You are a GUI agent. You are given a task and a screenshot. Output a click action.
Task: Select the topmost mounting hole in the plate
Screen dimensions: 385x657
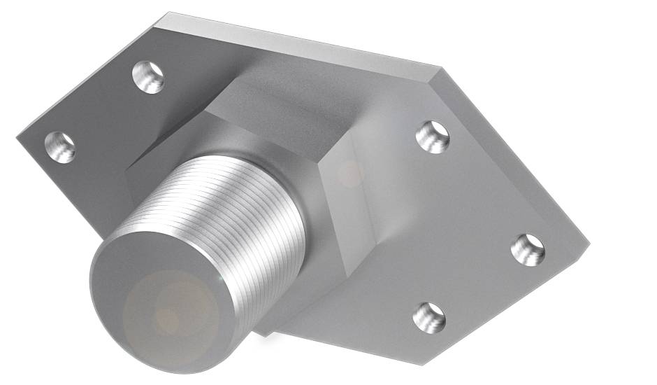149,76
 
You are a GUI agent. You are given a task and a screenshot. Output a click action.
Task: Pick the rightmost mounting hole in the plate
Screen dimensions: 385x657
527,249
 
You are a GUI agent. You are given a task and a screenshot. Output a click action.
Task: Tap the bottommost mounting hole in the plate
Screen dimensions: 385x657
428,317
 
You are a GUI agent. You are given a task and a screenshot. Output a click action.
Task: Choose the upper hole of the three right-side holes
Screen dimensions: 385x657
433,136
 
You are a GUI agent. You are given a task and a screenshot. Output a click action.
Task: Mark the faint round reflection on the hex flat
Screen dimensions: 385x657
349,173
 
